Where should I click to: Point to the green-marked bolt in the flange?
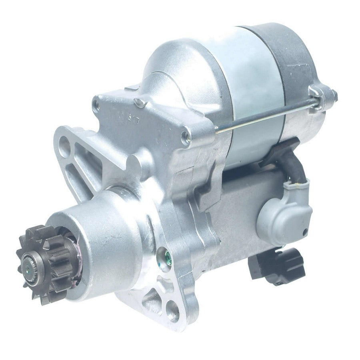pos(162,253)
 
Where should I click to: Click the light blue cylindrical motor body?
pos(248,68)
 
